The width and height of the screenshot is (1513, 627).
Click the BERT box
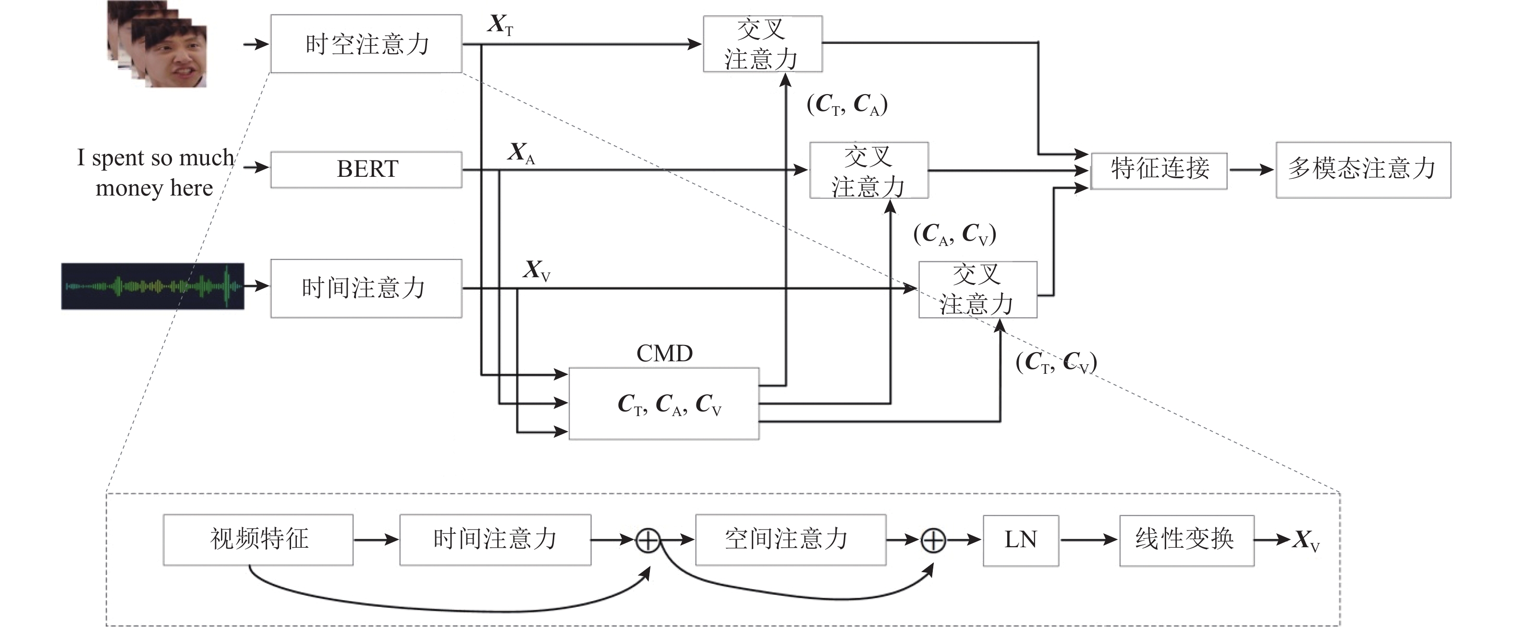pyautogui.click(x=366, y=169)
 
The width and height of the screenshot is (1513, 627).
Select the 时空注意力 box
pyautogui.click(x=366, y=44)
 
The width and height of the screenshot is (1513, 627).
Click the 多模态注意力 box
pyautogui.click(x=1363, y=169)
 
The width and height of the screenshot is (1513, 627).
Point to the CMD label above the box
pyautogui.click(x=664, y=353)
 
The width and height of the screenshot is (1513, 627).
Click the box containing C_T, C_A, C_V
pyautogui.click(x=664, y=404)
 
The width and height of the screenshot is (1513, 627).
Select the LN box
pyautogui.click(x=1021, y=540)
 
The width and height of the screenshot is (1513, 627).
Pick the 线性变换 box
pyautogui.click(x=1186, y=540)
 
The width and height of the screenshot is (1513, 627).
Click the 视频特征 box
pyautogui.click(x=258, y=540)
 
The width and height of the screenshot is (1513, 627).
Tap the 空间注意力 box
pyautogui.click(x=791, y=540)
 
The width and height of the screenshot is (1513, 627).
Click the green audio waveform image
pyautogui.click(x=153, y=286)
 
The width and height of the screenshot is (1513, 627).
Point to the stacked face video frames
pyautogui.click(x=159, y=44)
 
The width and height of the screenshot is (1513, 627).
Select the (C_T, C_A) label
pyautogui.click(x=847, y=105)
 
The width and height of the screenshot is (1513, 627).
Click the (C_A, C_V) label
pyautogui.click(x=954, y=234)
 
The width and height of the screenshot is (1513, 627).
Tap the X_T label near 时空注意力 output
pyautogui.click(x=500, y=25)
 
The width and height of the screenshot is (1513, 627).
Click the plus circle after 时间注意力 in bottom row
pyautogui.click(x=648, y=540)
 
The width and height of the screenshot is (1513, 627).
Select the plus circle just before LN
pyautogui.click(x=933, y=540)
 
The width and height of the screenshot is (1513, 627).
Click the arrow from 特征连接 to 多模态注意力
pyautogui.click(x=1251, y=170)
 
